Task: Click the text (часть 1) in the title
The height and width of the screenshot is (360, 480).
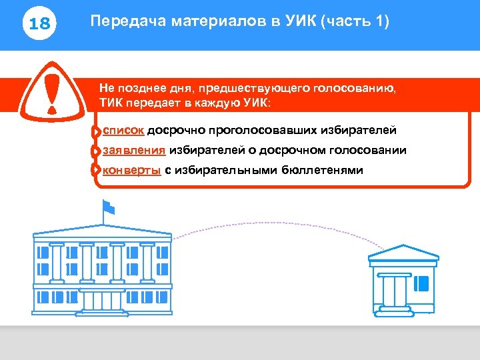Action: pyautogui.click(x=355, y=21)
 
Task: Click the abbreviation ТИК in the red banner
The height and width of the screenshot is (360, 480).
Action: pyautogui.click(x=112, y=104)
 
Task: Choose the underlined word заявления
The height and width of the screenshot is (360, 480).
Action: pyautogui.click(x=133, y=150)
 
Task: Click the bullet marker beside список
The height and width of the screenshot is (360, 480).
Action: pyautogui.click(x=97, y=131)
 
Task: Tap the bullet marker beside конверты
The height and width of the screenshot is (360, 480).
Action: pyautogui.click(x=97, y=171)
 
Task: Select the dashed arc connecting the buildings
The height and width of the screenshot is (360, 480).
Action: pyautogui.click(x=267, y=225)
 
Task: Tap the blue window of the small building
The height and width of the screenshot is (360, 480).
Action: pyautogui.click(x=421, y=283)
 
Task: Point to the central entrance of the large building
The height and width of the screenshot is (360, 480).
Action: pyautogui.click(x=101, y=300)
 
